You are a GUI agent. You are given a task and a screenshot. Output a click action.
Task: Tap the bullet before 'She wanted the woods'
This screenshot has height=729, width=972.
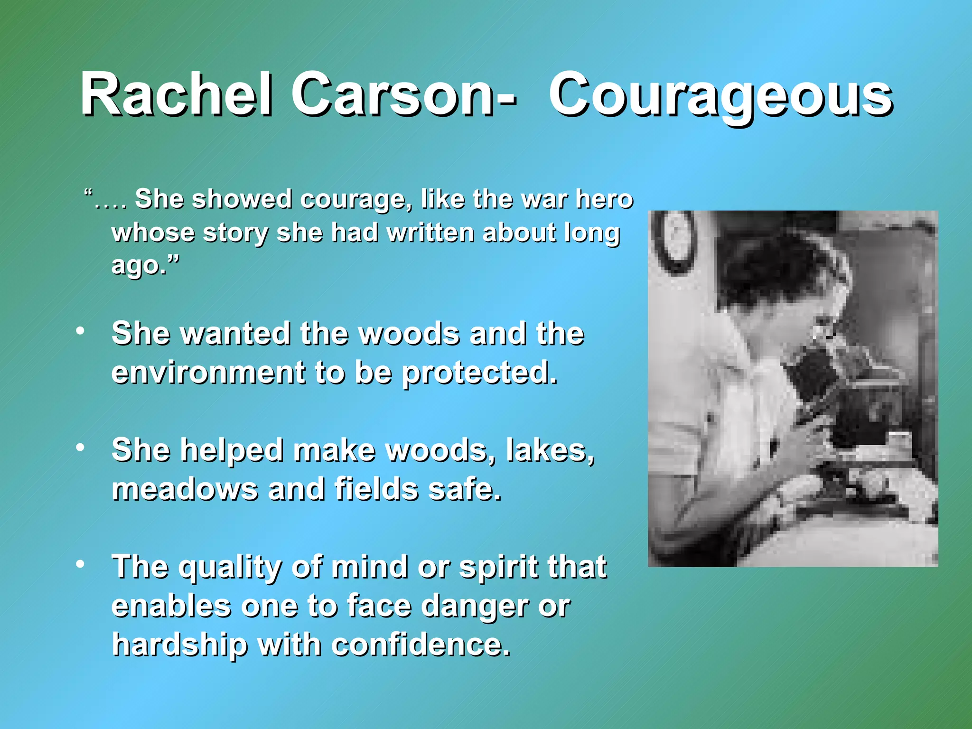(x=81, y=331)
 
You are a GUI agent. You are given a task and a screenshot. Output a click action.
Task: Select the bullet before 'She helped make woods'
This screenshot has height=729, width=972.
(x=81, y=447)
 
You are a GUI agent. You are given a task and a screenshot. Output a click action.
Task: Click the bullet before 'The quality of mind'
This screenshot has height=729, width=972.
(x=81, y=564)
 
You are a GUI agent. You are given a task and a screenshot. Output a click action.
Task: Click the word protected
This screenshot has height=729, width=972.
(x=479, y=373)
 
